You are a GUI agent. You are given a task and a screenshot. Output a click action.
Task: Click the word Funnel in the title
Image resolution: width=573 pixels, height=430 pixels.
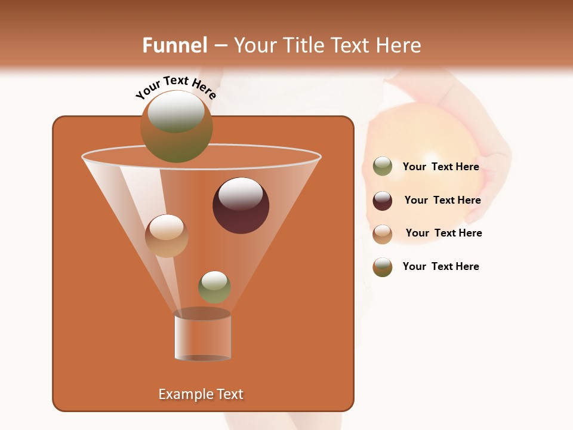[174, 45]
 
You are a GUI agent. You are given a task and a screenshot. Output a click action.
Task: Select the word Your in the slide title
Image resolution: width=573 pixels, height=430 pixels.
[255, 45]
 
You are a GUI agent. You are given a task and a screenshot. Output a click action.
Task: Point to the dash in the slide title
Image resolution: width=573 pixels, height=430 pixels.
[220, 46]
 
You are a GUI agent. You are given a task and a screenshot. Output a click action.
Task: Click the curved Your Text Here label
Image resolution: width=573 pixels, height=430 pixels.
[176, 88]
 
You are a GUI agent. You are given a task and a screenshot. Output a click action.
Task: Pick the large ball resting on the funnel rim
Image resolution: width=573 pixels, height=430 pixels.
[177, 127]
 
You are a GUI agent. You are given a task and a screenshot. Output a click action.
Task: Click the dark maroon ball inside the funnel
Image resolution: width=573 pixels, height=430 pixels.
[241, 205]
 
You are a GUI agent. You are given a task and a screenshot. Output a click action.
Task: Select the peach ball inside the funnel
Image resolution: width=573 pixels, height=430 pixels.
[167, 236]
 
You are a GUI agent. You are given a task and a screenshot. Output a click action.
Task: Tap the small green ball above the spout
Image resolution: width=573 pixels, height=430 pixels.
[215, 287]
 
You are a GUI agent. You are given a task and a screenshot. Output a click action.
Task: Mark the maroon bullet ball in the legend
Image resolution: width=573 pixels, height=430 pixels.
[383, 201]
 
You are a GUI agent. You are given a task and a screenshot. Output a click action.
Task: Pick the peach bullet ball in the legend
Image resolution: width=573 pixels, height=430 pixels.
[383, 234]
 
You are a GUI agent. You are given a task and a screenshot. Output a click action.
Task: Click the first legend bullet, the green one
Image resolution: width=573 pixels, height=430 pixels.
[383, 167]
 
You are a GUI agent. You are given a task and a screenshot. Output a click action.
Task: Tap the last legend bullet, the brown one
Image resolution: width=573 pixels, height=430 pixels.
[383, 267]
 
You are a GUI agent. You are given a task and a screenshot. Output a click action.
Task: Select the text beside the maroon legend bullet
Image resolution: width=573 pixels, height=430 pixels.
[442, 200]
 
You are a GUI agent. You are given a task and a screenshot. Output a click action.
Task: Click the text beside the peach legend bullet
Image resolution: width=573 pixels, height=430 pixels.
[443, 233]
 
